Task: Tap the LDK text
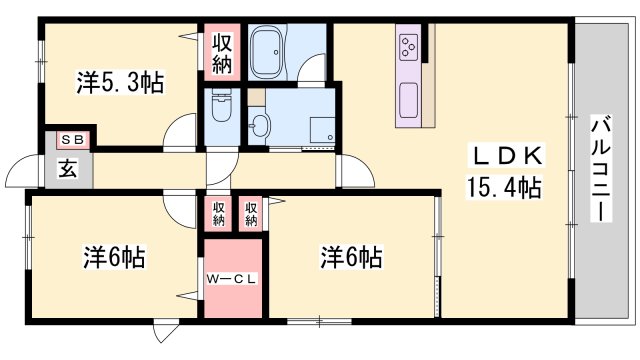(x=507, y=156)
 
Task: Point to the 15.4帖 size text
(x=503, y=186)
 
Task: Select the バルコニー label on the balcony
(x=601, y=169)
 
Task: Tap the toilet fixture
(x=220, y=109)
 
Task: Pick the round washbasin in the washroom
(x=260, y=125)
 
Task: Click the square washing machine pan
(x=321, y=130)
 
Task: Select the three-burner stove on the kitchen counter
(x=411, y=45)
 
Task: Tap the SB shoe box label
(x=71, y=141)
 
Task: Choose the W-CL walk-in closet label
(x=233, y=279)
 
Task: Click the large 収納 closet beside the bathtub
(x=222, y=54)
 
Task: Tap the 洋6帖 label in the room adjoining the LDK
(x=350, y=257)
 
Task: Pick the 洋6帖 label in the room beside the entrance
(x=113, y=258)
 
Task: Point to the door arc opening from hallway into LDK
(x=351, y=171)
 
